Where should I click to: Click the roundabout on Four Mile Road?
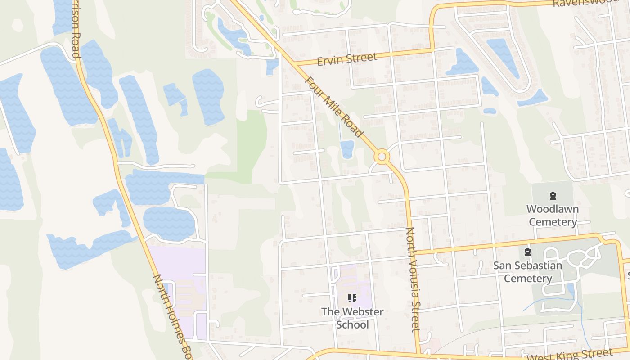382,157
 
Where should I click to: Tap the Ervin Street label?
346,59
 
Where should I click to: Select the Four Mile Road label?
333,107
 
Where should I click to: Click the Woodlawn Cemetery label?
553,216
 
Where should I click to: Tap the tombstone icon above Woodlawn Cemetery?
553,196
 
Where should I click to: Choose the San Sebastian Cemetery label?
528,272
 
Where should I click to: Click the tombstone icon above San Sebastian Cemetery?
528,252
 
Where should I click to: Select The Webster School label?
352,318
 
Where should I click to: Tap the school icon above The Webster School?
352,298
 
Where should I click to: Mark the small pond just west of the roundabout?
347,149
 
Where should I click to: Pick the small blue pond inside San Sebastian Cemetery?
571,290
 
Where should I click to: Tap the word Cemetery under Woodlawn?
553,222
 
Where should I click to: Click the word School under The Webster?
352,325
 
